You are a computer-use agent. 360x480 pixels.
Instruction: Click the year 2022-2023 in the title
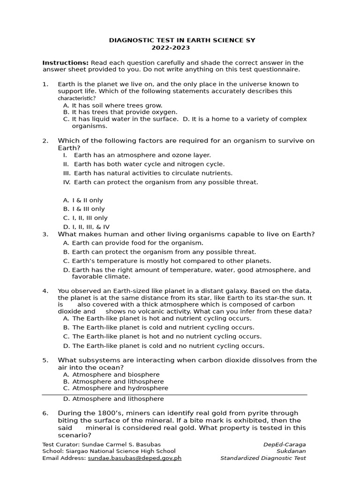[171, 48]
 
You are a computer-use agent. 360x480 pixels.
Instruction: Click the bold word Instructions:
[65, 63]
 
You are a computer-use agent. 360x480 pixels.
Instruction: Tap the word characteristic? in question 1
[76, 98]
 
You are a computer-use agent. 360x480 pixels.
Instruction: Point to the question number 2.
[45, 141]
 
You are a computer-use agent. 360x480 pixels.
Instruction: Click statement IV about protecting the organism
[165, 182]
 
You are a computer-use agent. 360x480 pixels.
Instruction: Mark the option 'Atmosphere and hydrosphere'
[120, 388]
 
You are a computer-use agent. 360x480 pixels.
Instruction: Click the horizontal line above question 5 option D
[174, 395]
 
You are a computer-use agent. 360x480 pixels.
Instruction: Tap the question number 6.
[45, 413]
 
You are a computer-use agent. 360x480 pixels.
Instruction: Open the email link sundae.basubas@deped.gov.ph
[135, 458]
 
